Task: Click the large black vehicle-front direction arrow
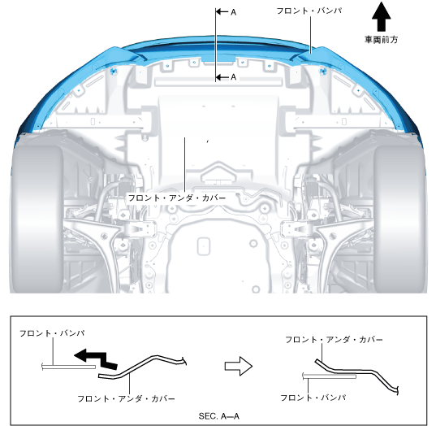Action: coord(382,17)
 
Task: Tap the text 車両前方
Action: coord(382,40)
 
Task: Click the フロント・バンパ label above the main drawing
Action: coord(309,11)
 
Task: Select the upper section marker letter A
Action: coord(233,12)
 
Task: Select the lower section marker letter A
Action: coord(233,77)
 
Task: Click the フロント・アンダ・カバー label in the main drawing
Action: coord(177,198)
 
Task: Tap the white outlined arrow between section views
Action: coord(239,366)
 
